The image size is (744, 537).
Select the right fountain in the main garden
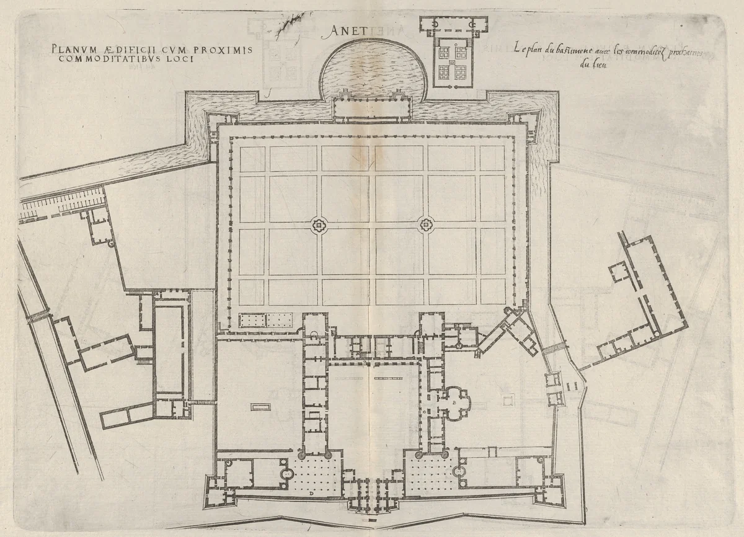tap(426, 226)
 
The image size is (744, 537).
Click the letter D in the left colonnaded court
tap(309, 494)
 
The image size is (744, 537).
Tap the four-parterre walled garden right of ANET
tap(452, 62)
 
